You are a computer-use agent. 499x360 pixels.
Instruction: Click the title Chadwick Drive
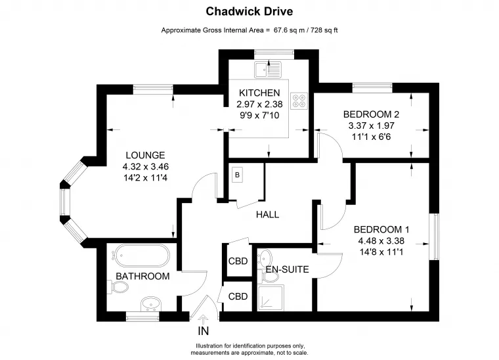tap(249, 11)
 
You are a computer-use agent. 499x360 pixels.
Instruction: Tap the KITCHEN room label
tap(259, 93)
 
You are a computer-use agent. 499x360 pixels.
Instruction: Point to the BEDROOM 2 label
tap(371, 114)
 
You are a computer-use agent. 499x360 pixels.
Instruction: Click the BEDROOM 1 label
tap(381, 229)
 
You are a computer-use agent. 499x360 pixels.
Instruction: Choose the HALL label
tap(267, 214)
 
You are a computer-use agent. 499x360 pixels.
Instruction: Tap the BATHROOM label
tap(142, 277)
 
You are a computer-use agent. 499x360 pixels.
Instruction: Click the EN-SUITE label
tap(287, 269)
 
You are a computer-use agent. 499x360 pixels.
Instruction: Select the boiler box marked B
tap(238, 175)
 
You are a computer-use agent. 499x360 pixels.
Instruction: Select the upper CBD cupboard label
tap(238, 261)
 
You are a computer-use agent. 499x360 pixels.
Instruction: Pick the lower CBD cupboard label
tap(238, 296)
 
